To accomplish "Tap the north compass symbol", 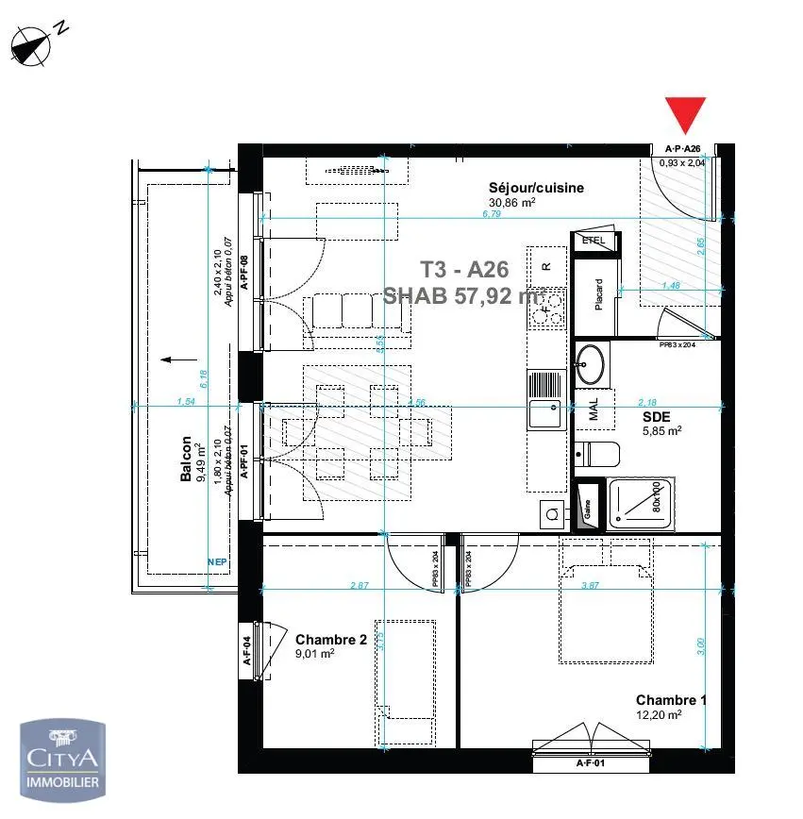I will click(36, 43).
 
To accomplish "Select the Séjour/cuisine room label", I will click(536, 188).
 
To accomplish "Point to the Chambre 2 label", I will click(330, 640).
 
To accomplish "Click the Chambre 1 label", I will click(671, 700).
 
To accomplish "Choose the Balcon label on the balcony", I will click(186, 460).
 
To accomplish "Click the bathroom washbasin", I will click(593, 364).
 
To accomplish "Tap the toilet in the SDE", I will click(596, 454).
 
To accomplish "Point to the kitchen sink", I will click(545, 413).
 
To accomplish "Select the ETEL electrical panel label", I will click(594, 241).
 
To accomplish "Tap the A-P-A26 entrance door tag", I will click(683, 149).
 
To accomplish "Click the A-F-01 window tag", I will click(592, 762).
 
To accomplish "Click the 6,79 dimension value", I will click(490, 214).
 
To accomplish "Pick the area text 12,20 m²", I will click(659, 714).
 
